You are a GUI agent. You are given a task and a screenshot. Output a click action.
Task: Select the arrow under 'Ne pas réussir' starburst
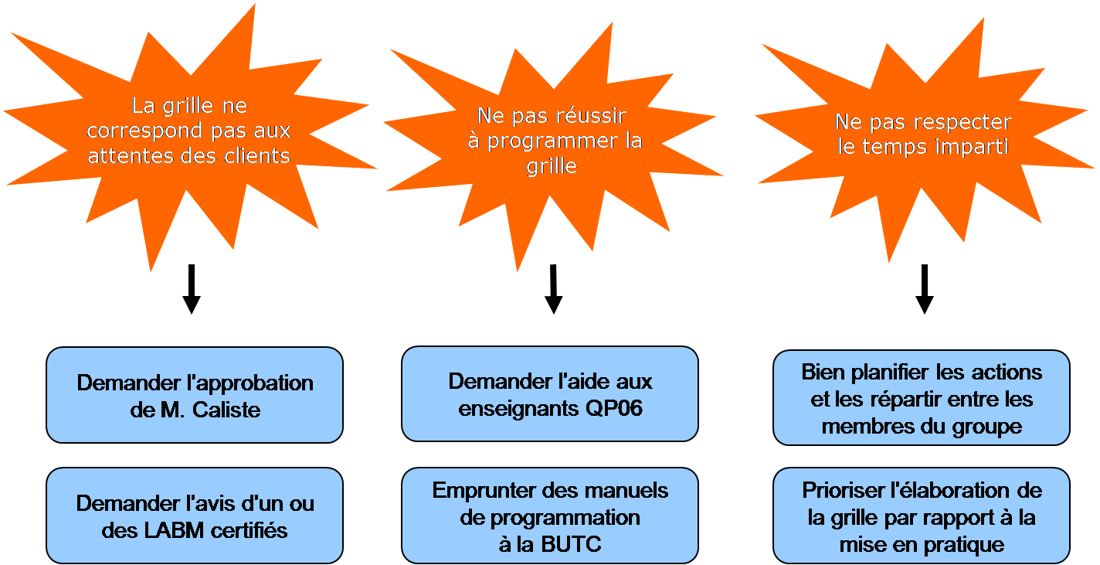552,290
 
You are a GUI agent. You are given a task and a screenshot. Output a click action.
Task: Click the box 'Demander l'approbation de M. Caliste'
195,395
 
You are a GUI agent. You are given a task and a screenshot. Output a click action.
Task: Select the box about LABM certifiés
195,516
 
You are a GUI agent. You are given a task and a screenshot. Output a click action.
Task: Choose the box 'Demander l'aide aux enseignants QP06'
550,394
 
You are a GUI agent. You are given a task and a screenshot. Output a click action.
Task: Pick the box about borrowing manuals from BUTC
550,516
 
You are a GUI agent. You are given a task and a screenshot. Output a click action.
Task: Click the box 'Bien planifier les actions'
922,398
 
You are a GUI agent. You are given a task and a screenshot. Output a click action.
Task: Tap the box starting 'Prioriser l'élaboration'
922,516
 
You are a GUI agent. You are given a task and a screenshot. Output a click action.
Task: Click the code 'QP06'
614,408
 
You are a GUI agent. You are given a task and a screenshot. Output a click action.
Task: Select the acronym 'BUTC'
572,544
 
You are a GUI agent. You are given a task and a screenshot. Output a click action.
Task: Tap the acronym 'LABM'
160,530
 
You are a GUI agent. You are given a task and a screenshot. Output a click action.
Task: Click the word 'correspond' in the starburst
134,130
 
